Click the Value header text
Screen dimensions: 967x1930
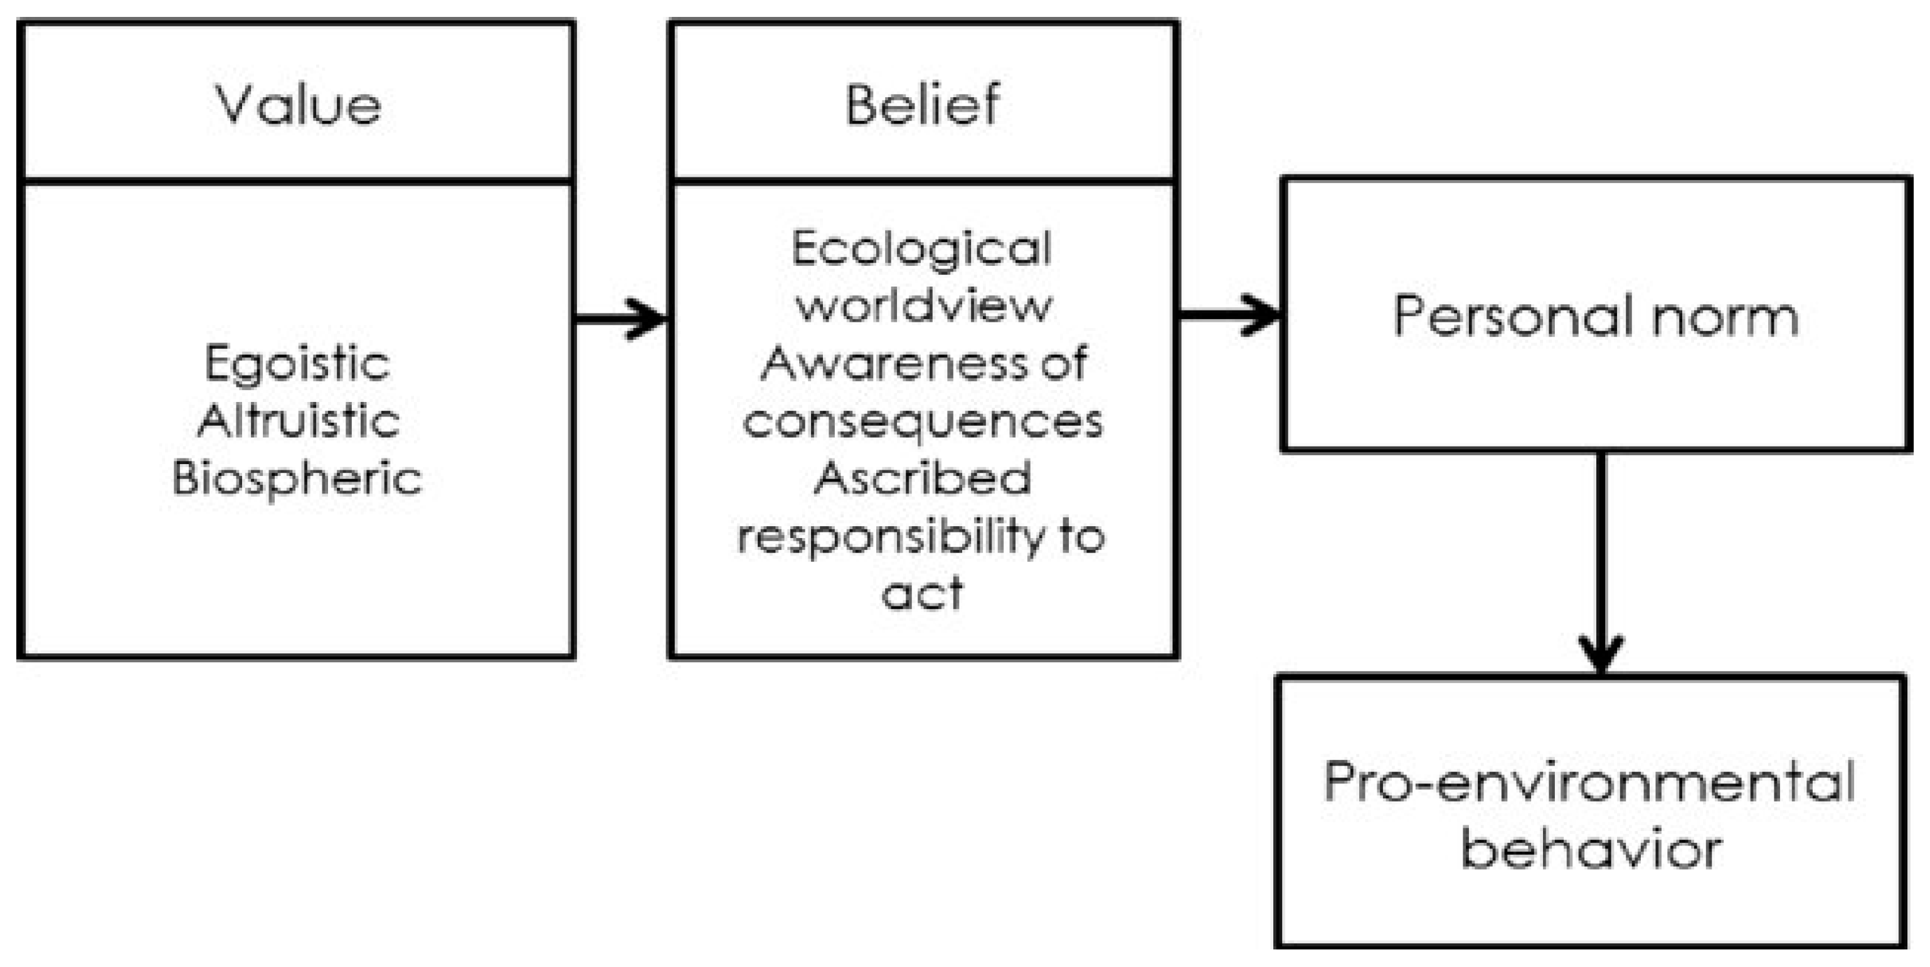coord(298,105)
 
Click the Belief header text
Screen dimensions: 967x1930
coord(922,105)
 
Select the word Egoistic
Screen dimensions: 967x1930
coord(297,365)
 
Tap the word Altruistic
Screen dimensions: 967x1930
coord(297,421)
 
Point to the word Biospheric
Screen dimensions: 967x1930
coord(297,478)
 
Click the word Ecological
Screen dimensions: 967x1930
coord(921,250)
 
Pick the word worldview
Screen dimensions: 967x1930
coord(923,307)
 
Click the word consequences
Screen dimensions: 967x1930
coord(922,421)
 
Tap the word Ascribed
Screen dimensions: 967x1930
coord(922,478)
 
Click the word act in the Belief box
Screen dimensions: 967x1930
coord(922,593)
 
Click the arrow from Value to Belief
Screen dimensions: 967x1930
coord(621,319)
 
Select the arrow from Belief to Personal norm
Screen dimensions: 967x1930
coord(1229,315)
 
